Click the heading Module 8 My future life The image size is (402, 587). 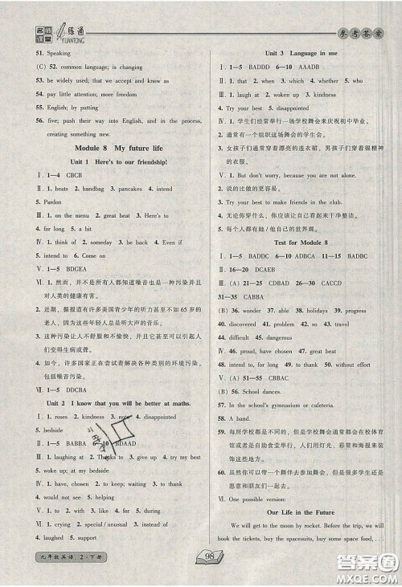[107, 148]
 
